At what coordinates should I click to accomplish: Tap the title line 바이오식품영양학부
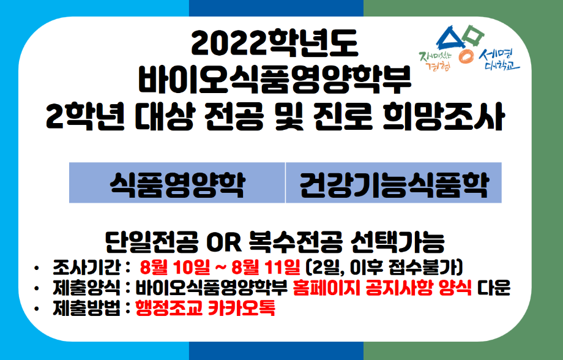coord(275,80)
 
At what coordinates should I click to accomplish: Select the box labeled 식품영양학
coord(177,183)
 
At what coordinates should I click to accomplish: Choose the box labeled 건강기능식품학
coord(393,183)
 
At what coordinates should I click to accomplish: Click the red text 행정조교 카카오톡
coord(205,308)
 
